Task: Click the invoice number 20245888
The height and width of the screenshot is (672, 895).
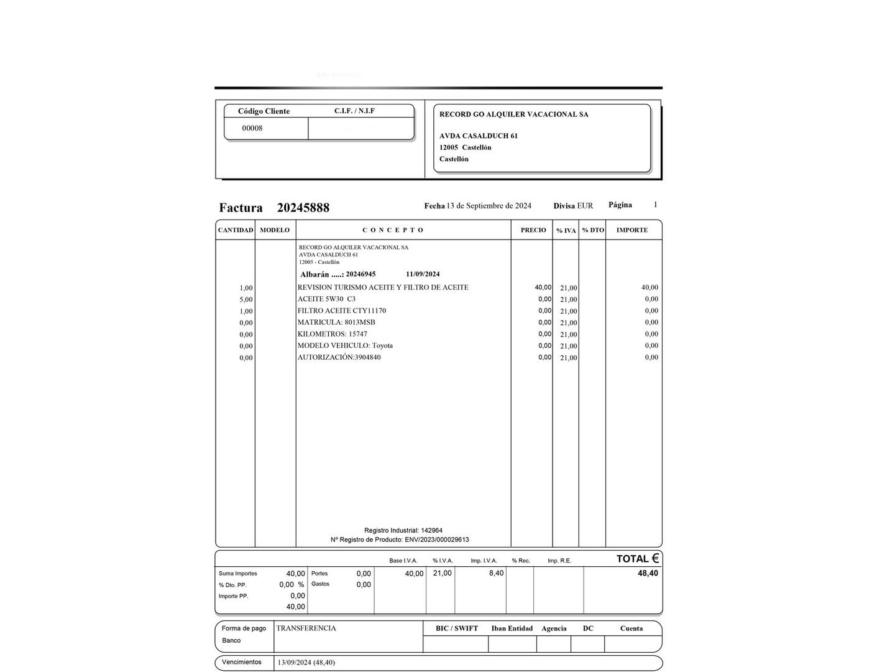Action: [303, 208]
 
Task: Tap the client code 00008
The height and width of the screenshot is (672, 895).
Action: [252, 128]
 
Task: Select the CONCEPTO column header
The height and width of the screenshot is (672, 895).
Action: [393, 230]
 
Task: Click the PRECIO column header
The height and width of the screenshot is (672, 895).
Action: [533, 230]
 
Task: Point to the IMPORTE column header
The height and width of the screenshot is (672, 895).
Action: [632, 230]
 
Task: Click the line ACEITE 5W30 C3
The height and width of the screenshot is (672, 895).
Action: [326, 299]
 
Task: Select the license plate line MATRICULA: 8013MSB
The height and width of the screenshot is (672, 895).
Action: [336, 322]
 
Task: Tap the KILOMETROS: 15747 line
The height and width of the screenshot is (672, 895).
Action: [332, 334]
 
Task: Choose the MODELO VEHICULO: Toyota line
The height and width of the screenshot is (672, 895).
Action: [345, 345]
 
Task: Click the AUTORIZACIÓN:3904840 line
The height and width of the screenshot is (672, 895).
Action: [339, 357]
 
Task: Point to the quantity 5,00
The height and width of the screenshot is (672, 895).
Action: [246, 299]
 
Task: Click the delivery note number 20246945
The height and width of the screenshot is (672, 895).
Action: [360, 274]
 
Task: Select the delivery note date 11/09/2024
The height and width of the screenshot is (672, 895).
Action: [423, 274]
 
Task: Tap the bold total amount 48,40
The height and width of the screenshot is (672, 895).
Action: [648, 573]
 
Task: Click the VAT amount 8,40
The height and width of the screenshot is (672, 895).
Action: [496, 573]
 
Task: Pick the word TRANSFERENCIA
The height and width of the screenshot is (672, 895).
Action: [306, 628]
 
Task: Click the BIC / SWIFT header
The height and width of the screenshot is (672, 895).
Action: [457, 628]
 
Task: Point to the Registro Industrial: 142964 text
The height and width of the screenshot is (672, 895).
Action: [403, 531]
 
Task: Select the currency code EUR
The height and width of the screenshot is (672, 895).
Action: [585, 206]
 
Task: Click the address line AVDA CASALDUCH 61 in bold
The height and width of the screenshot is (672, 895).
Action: [479, 136]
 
